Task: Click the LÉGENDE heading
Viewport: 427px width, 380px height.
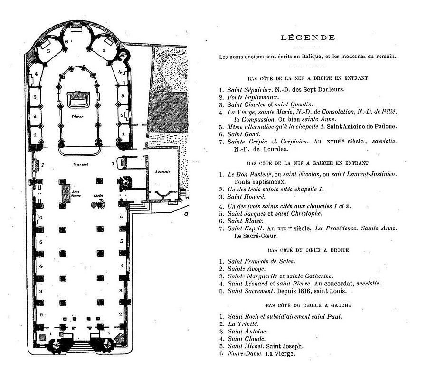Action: tap(308, 38)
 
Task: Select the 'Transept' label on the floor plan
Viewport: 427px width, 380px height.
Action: tap(81, 164)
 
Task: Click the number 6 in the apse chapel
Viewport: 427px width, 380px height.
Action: tap(66, 42)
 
